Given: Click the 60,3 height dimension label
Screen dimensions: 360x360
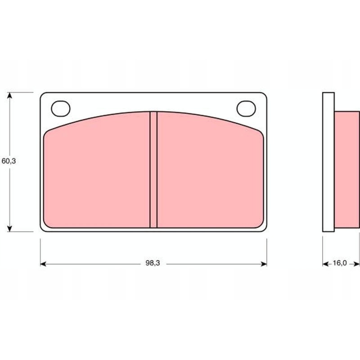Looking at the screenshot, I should point(9,161).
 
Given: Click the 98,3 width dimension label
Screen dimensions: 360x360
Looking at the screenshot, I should point(153,264).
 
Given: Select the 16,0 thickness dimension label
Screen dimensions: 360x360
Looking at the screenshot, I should point(339,264).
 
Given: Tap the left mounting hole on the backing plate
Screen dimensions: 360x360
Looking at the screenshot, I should point(61,108).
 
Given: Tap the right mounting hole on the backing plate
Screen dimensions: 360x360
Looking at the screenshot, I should point(245,108).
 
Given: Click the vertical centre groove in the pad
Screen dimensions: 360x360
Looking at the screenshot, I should point(153,170).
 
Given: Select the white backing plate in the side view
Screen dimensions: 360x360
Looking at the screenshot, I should point(328,162).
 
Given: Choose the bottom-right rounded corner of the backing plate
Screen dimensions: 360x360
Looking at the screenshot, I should point(264,229).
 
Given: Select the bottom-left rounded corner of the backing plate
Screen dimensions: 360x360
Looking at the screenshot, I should point(43,229).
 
